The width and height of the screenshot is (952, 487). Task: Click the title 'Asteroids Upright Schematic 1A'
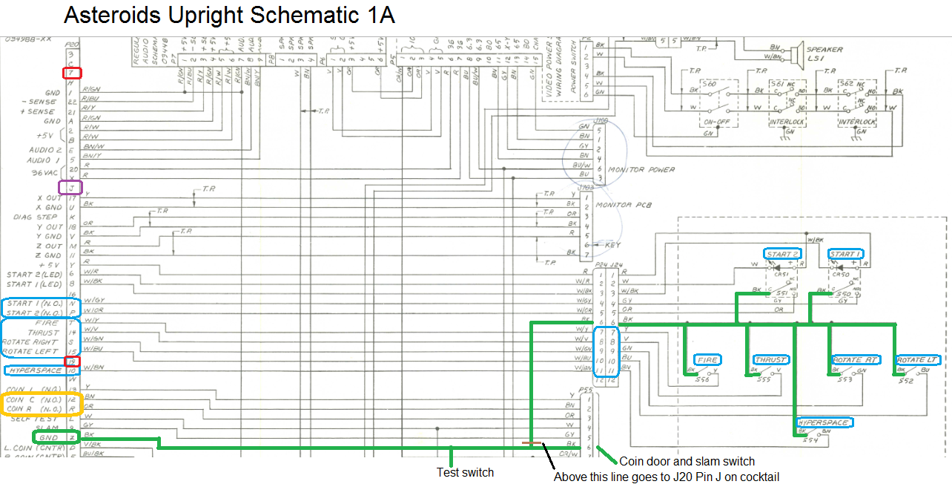[229, 15]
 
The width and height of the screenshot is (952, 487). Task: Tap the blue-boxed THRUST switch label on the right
[770, 360]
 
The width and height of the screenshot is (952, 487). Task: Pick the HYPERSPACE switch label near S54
[824, 422]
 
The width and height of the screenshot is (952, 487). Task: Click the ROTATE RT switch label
[856, 360]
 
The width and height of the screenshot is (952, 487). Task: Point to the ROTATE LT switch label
[919, 360]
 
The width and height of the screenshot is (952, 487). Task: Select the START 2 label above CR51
[783, 254]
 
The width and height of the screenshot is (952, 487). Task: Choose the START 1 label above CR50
[846, 254]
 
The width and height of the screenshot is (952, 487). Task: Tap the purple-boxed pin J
[70, 187]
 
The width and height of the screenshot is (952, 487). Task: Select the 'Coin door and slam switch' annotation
[687, 462]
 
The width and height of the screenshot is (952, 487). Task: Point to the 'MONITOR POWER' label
[641, 170]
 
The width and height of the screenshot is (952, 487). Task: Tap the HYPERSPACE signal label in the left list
[33, 369]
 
